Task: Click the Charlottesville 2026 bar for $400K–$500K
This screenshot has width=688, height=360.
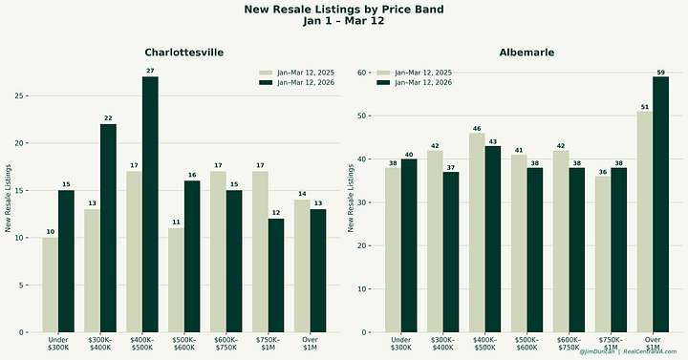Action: (x=150, y=204)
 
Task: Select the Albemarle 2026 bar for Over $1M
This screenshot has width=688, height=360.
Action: (x=660, y=204)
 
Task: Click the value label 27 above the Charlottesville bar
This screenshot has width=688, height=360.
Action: (x=150, y=72)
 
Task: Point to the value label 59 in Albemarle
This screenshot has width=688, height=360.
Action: (x=660, y=72)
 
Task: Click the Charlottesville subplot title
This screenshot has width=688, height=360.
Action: (x=184, y=52)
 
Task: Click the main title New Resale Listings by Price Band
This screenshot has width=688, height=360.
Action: (x=344, y=10)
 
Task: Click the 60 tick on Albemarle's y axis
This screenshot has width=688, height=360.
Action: (x=362, y=72)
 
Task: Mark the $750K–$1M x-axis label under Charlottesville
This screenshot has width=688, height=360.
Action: (x=268, y=343)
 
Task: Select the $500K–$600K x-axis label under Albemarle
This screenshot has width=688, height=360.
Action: (x=527, y=343)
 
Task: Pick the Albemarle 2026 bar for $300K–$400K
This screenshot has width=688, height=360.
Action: (x=450, y=251)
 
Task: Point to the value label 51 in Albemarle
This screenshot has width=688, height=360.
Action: (x=645, y=107)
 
